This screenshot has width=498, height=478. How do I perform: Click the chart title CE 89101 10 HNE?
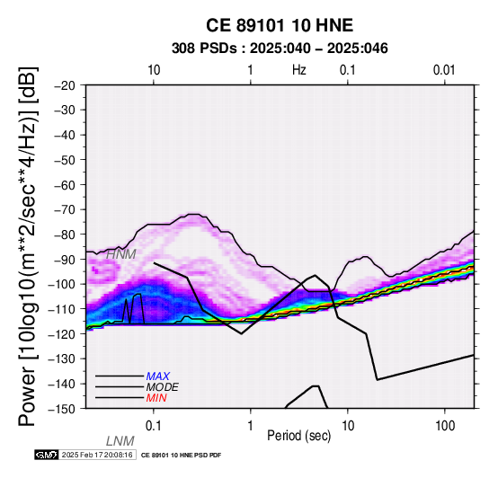(x=280, y=25)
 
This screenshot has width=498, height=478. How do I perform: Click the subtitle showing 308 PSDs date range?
(x=280, y=49)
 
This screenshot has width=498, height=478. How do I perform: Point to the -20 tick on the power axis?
(x=65, y=85)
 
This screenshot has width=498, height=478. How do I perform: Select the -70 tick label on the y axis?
(x=65, y=210)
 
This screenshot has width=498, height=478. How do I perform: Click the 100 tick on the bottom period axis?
(x=445, y=426)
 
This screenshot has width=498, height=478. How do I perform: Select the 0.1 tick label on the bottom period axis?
(x=154, y=426)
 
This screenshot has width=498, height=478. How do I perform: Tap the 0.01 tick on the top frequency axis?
(x=444, y=70)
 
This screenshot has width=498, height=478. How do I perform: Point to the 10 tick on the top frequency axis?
(x=154, y=70)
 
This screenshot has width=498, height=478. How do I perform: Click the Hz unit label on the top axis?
(x=299, y=70)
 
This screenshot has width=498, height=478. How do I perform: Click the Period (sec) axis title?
(x=299, y=436)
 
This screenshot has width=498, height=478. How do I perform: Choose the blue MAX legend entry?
(x=158, y=376)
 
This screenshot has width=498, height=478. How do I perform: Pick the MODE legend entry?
(x=163, y=387)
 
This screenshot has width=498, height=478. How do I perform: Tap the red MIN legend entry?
(x=156, y=398)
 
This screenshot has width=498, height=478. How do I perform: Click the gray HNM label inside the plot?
(x=121, y=254)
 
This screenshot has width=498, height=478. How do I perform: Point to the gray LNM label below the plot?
(x=120, y=441)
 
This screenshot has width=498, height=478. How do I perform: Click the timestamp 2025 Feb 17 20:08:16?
(x=97, y=456)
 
